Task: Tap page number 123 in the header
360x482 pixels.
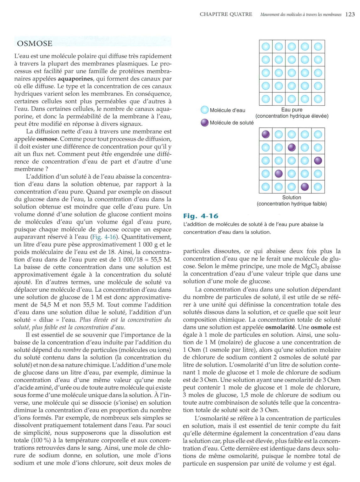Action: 350,14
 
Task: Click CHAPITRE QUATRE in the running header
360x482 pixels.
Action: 226,14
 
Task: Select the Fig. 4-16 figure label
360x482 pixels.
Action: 201,216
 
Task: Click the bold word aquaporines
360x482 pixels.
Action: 75,79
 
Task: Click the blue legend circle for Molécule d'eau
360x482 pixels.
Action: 205,110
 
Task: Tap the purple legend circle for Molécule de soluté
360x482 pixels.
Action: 205,123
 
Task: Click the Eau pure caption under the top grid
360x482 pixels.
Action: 292,109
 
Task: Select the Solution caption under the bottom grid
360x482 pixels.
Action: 291,197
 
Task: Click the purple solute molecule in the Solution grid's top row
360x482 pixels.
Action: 266,134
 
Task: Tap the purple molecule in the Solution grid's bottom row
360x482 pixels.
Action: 305,187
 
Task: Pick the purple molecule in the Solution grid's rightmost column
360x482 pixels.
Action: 318,161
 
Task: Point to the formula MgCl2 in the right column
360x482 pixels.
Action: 312,266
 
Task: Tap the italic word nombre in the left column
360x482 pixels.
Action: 72,350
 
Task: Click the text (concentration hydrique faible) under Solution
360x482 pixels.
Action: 291,204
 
